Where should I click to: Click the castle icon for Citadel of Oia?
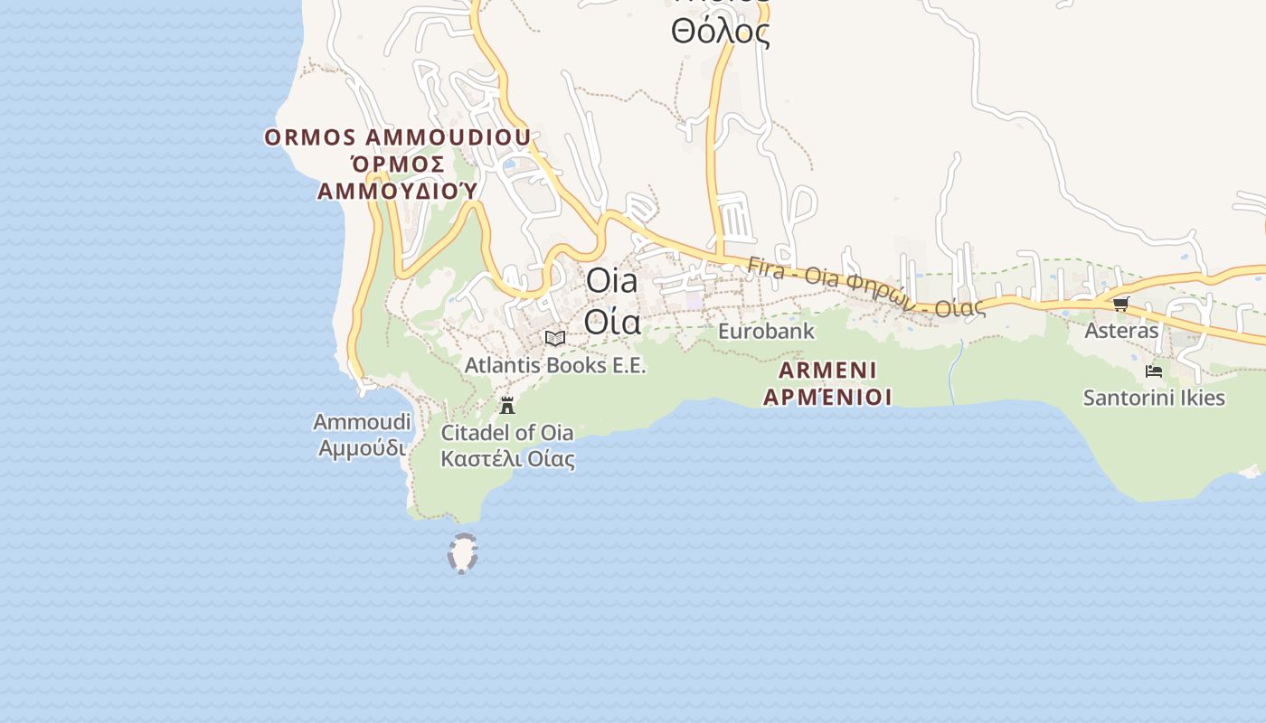507,405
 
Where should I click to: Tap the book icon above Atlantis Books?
555,339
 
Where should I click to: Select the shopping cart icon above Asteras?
1121,305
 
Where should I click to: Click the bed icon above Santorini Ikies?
1154,371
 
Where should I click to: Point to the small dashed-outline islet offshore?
463,553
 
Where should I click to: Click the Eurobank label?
766,332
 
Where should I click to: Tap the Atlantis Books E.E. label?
555,365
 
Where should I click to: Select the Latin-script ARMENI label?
827,370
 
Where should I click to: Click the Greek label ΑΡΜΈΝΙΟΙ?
827,397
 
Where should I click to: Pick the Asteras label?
1121,331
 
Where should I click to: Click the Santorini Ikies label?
1154,398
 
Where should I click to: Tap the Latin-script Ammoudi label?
362,422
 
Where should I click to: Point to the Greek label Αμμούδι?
362,447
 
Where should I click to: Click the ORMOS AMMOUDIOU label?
397,137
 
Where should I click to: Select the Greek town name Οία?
612,322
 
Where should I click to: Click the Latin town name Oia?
612,281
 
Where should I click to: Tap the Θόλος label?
720,33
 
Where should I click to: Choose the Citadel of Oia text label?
507,432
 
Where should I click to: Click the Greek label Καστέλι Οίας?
507,458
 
